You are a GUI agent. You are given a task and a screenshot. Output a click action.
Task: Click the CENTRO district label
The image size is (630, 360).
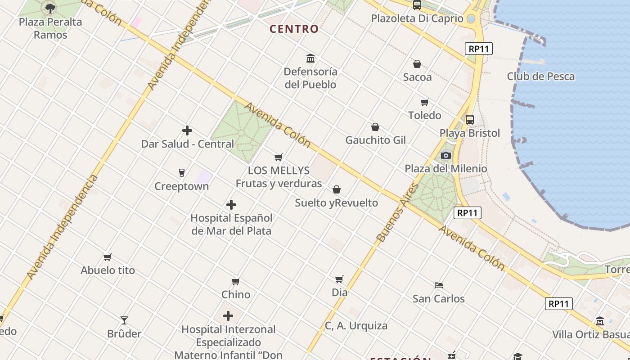(x=294, y=29)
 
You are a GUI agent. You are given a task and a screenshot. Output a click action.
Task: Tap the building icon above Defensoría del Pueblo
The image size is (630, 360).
(x=310, y=58)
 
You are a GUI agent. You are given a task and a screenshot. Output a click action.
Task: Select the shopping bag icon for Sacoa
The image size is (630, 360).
(x=417, y=64)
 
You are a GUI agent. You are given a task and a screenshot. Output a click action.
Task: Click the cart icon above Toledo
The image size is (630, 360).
(x=424, y=103)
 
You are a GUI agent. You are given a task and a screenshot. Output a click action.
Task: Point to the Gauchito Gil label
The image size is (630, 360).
(x=375, y=140)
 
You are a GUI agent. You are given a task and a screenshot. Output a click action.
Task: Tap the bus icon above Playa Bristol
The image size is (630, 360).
(x=470, y=120)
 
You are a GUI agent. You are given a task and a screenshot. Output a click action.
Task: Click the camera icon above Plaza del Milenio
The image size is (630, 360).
(x=446, y=156)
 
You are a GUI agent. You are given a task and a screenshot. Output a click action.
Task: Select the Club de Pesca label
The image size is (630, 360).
(x=540, y=76)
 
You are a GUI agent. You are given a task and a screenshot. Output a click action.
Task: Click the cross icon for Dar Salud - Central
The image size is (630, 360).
(x=187, y=131)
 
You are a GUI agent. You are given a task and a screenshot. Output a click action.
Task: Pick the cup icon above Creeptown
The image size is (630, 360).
(x=182, y=173)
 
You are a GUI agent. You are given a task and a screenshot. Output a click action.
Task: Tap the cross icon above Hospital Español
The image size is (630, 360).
(x=231, y=205)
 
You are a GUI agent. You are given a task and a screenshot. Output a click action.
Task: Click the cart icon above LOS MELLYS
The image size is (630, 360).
(x=279, y=157)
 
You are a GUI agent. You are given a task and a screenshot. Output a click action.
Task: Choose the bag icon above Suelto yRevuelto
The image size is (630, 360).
(x=337, y=190)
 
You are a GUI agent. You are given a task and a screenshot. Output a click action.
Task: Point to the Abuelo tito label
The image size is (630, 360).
(x=108, y=270)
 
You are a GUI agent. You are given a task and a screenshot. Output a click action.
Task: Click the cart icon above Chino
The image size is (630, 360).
(x=236, y=282)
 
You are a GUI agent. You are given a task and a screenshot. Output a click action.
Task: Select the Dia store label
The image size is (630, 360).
(x=340, y=292)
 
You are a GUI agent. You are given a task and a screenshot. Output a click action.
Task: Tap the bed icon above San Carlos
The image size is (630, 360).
(x=439, y=285)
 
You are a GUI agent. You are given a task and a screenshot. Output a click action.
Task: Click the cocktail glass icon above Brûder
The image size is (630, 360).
(x=124, y=320)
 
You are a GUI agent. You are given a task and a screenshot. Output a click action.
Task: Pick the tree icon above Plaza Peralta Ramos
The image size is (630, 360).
(x=50, y=8)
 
